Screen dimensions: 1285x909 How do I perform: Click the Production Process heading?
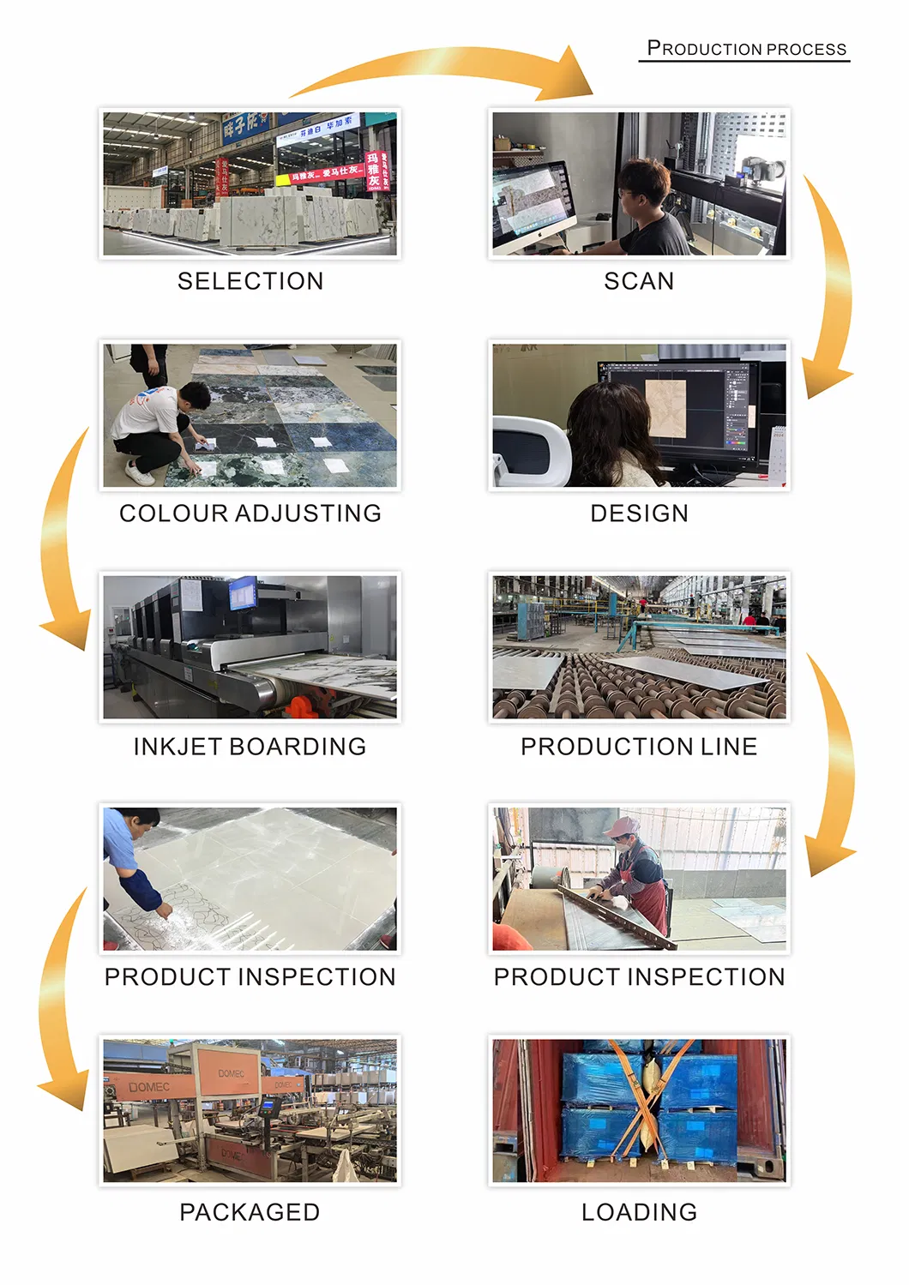(x=746, y=49)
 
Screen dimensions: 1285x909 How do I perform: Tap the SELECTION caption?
(x=250, y=281)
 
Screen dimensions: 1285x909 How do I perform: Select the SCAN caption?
(x=639, y=281)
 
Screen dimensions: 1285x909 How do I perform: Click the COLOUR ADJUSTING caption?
(x=250, y=513)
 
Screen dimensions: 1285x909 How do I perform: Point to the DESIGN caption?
(x=639, y=513)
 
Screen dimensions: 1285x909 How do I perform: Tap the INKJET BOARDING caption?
(x=250, y=747)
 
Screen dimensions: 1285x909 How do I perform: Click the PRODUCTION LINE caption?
(x=639, y=747)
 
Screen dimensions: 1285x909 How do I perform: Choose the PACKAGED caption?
(x=250, y=1212)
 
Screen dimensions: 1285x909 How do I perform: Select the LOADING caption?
(x=639, y=1212)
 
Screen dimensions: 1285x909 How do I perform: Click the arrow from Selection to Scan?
(x=446, y=69)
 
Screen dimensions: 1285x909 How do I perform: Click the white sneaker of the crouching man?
(x=139, y=472)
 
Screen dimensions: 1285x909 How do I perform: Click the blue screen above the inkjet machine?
(x=243, y=592)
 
